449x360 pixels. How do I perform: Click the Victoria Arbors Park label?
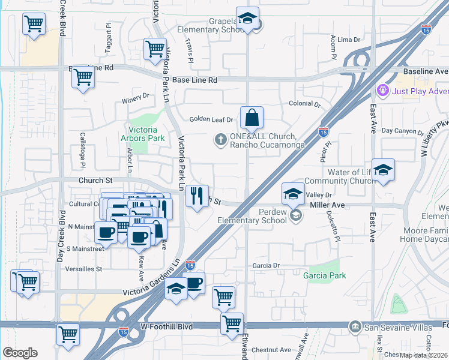coord(146,134)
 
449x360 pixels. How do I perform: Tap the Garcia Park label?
coord(324,275)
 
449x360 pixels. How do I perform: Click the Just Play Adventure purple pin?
coord(382,91)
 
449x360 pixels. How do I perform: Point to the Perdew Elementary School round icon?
coord(294,214)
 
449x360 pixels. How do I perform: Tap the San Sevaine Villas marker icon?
coord(355,326)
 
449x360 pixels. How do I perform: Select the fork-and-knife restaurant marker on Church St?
coord(197,196)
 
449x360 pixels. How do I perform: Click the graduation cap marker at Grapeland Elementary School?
coord(247,19)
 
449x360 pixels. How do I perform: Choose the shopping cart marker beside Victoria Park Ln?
coord(155,49)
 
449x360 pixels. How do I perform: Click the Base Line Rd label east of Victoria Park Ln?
coord(196,80)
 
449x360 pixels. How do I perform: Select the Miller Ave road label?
coord(327,205)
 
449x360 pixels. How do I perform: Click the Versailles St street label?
coord(85,269)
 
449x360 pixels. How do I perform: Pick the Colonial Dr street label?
coord(305,104)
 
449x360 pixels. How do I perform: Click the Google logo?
coord(20,353)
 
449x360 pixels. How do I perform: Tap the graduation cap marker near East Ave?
coord(382,170)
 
